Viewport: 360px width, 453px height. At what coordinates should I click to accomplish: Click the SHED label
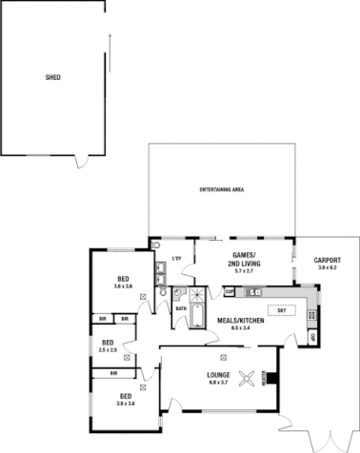(53, 77)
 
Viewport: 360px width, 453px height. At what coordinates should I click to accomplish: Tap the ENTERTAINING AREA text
(222, 191)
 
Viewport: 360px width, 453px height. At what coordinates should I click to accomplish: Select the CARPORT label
(328, 259)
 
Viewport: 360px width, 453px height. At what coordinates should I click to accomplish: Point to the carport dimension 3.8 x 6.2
(328, 267)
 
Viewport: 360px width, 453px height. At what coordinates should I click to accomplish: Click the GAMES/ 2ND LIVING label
(244, 260)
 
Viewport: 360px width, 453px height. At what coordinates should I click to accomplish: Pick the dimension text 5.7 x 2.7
(245, 272)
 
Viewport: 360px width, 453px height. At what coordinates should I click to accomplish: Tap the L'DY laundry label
(177, 258)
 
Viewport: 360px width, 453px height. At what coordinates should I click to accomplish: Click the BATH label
(180, 308)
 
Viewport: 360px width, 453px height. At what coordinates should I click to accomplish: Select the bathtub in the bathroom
(197, 314)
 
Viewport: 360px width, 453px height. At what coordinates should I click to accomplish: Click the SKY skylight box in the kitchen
(282, 310)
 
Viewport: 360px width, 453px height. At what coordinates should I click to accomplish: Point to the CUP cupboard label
(230, 292)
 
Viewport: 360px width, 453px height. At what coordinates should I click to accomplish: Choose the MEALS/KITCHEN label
(239, 321)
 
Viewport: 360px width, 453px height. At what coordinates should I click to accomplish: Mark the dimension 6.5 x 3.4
(239, 329)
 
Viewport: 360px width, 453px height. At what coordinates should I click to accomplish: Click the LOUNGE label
(219, 373)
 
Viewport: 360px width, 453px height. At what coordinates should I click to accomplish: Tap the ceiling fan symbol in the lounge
(249, 378)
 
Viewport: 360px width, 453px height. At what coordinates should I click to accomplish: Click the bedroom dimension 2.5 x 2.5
(109, 350)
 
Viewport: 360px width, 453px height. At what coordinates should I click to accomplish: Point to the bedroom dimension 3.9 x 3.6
(125, 404)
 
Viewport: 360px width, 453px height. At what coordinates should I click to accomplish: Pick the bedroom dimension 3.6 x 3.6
(123, 286)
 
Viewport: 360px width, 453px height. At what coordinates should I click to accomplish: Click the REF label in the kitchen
(314, 337)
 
